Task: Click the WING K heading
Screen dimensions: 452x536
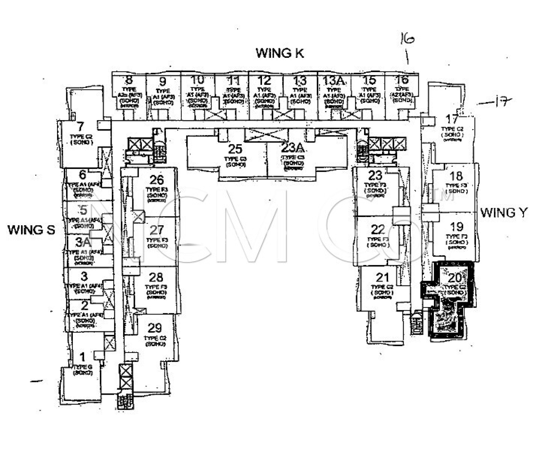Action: (280, 53)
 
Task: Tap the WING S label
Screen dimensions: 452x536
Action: (31, 230)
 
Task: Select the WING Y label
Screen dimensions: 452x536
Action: (504, 213)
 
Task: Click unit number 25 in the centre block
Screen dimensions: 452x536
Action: (235, 149)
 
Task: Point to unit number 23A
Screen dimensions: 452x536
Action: (293, 148)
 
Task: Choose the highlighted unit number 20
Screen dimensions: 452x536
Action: (455, 278)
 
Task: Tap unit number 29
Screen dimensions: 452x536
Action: (155, 328)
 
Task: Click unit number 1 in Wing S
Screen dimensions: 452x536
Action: (82, 357)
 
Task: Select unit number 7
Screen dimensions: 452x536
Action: (81, 127)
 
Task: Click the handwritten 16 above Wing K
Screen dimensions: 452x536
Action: (407, 40)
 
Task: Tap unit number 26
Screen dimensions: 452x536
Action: (157, 180)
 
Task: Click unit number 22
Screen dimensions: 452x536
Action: (378, 230)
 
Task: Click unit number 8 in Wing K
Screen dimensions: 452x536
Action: (129, 80)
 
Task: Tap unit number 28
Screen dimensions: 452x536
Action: (156, 277)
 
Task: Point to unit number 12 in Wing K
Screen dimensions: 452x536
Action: (264, 80)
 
